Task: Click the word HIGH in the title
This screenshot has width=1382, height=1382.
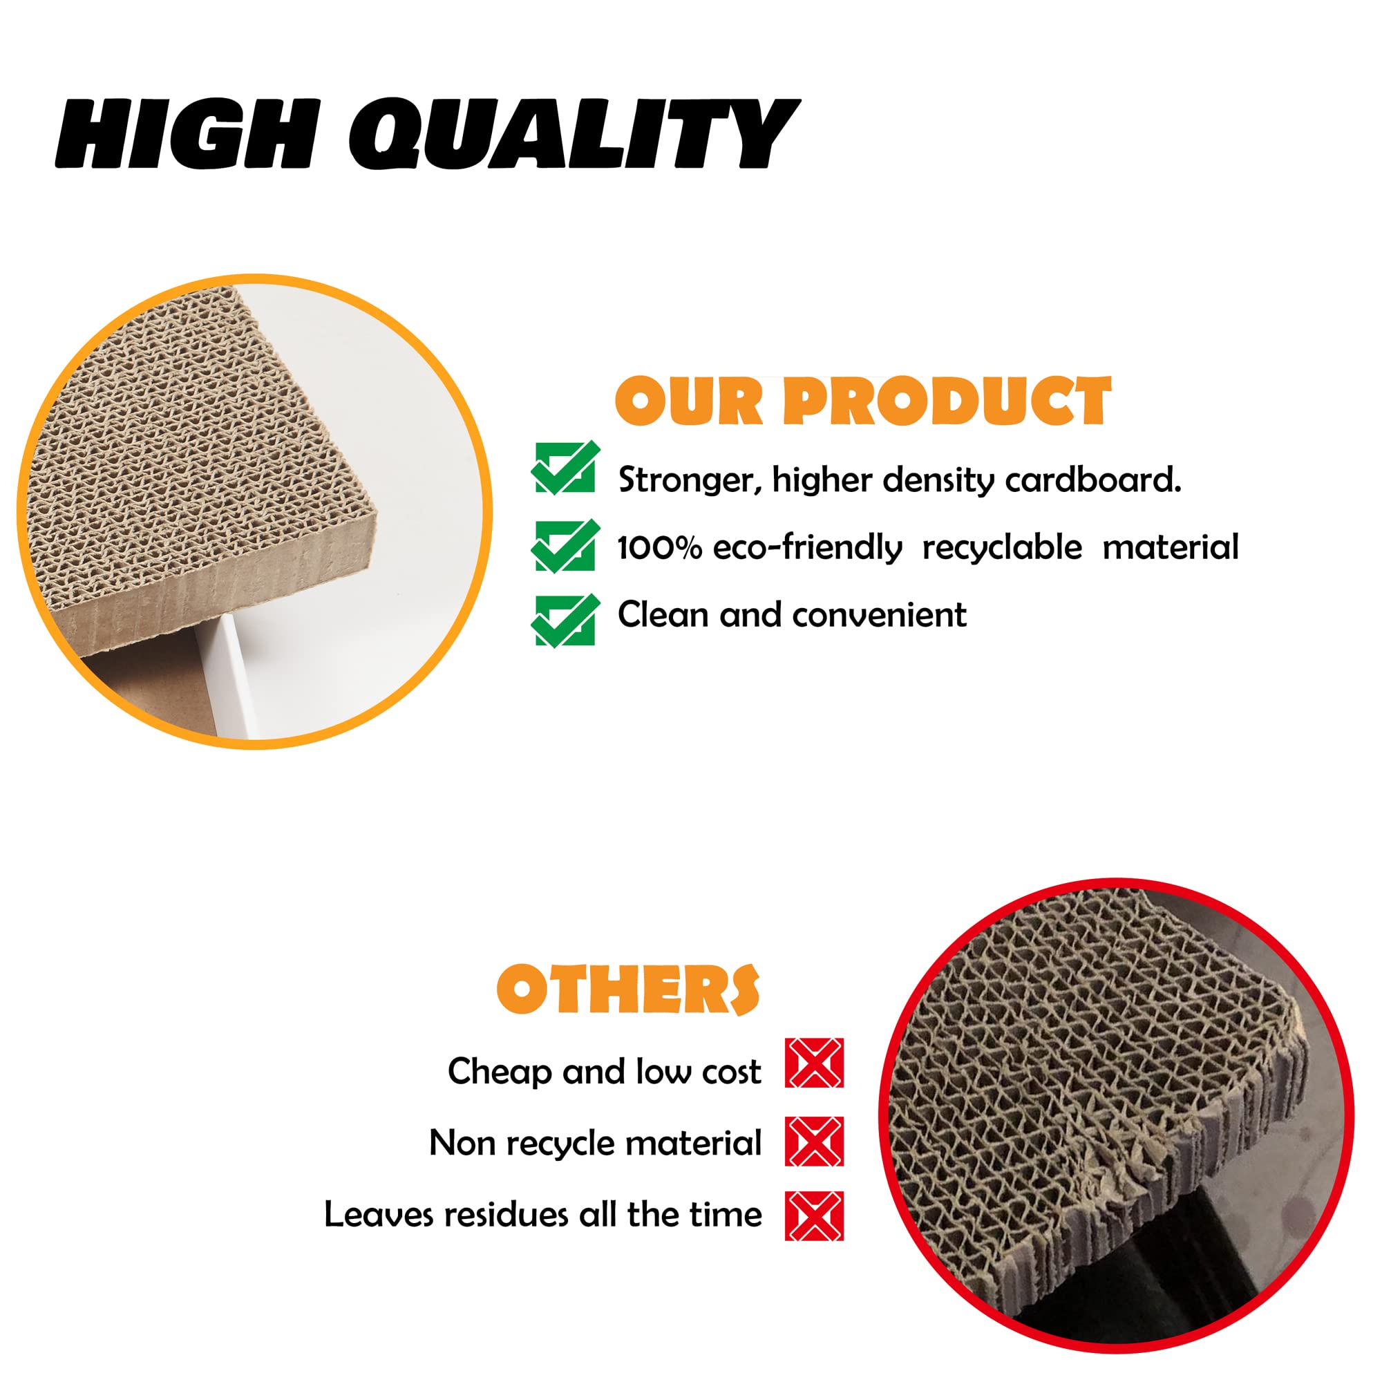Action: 186,134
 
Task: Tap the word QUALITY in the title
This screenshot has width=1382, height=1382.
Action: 574,134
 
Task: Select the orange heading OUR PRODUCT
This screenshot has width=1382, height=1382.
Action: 862,401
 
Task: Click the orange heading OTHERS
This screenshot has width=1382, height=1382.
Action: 628,990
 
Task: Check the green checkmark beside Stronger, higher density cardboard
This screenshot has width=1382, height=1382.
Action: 565,467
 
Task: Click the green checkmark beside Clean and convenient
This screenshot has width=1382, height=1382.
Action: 565,621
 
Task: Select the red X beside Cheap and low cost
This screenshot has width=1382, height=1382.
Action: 814,1063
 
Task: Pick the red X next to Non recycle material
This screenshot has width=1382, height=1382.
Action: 814,1141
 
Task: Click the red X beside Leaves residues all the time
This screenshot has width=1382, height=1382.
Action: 814,1215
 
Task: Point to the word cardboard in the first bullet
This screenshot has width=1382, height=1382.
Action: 1093,480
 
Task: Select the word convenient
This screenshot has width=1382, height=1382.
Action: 879,615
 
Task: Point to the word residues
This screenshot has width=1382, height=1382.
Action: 505,1215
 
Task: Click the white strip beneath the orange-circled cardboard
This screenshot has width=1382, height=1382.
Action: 232,672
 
